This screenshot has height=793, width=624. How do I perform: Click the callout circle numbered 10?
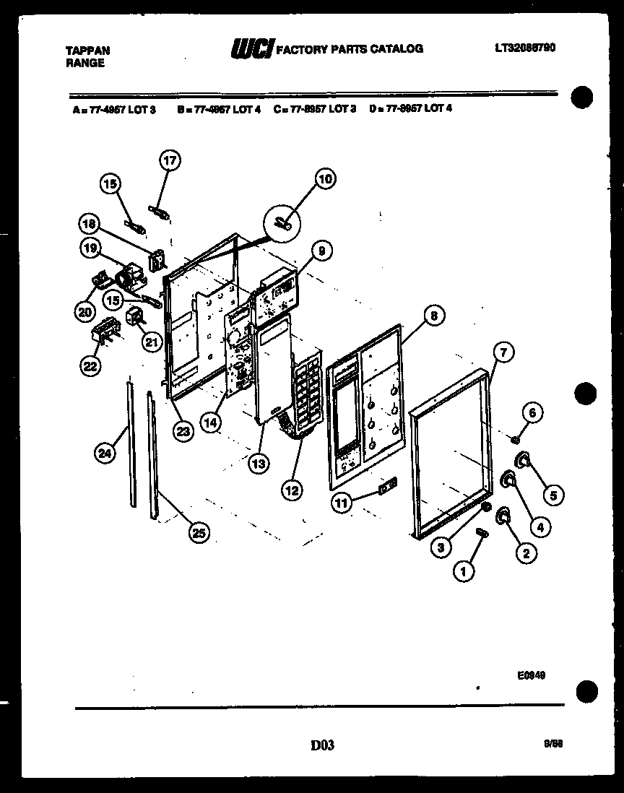coord(326,179)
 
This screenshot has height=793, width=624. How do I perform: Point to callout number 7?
coord(503,352)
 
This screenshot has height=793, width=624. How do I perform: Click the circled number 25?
coord(198,533)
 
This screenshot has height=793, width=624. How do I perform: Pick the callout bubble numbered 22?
coord(89,366)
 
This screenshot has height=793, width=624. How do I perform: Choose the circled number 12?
coord(292,490)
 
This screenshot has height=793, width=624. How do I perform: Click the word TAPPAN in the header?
coord(88,51)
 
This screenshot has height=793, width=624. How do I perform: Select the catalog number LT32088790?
coord(525,48)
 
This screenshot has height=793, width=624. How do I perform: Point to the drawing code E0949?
coord(531,675)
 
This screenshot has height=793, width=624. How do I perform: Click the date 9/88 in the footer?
coord(555,744)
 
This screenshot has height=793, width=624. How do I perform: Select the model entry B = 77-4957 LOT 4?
coord(218,109)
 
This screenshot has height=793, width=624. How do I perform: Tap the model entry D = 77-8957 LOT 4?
coord(410,109)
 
